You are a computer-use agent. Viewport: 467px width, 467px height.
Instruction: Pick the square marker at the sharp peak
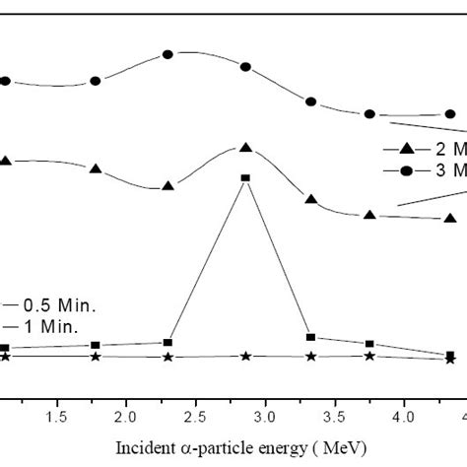pos(245,178)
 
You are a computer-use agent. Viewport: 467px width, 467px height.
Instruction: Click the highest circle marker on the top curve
pos(167,54)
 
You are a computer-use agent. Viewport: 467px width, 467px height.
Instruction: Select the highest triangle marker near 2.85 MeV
pos(245,148)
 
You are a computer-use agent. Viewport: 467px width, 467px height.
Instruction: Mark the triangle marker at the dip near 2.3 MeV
pos(167,185)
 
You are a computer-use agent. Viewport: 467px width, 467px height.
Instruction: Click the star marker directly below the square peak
pos(245,356)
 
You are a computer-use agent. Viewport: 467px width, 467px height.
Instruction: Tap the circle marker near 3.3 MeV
pos(310,101)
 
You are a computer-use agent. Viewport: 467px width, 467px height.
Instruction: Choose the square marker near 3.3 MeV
pos(310,337)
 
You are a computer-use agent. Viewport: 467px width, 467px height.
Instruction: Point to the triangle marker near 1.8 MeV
pos(96,168)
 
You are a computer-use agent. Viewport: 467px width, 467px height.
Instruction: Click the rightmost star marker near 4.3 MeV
pos(450,360)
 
